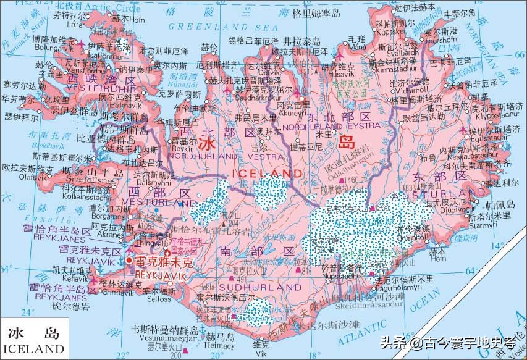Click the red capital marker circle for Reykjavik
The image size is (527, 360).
129,261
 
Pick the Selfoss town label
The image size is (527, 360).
159,299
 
